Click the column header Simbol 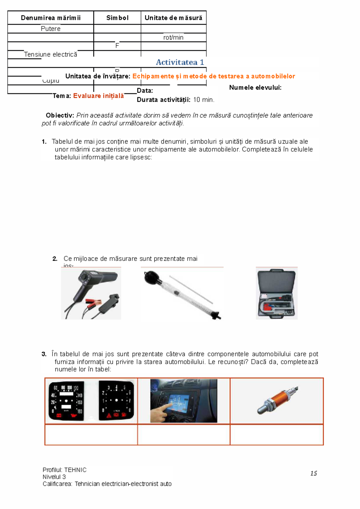tap(117, 18)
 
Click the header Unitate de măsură tap(173, 18)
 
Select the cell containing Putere tap(50, 29)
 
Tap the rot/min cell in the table tap(173, 37)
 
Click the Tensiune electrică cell tap(50, 55)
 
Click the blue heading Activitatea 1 tap(180, 62)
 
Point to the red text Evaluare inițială tap(98, 96)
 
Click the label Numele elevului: tap(255, 88)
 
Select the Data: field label tap(145, 91)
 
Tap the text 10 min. tap(204, 100)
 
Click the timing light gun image tap(91, 293)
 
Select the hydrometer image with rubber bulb tap(182, 295)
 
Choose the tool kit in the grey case tap(276, 293)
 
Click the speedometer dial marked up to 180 tap(66, 401)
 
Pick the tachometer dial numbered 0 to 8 tap(116, 401)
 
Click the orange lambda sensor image tap(277, 400)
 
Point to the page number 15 tap(313, 473)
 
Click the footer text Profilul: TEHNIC tap(64, 470)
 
